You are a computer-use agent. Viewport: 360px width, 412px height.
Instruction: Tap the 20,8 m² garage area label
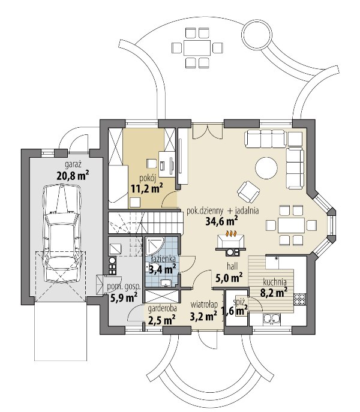pos(73,175)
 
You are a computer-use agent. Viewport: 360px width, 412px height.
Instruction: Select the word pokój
pos(148,179)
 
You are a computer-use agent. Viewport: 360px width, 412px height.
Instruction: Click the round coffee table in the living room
pos(266,168)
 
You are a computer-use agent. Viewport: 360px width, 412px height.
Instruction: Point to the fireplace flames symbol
pos(231,233)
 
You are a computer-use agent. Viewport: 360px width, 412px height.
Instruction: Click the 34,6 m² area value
pos(221,221)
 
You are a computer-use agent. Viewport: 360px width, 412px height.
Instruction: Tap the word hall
pos(232,266)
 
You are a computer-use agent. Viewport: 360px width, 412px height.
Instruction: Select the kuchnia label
pos(275,282)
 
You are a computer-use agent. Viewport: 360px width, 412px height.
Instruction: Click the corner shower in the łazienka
pos(155,246)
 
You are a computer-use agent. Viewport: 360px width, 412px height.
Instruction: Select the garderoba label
pos(162,309)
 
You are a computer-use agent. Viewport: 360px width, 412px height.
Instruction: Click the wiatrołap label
pos(204,305)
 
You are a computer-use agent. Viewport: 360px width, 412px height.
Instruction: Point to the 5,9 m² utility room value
pos(124,298)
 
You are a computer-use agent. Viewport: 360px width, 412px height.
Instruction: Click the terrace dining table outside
pos(197,48)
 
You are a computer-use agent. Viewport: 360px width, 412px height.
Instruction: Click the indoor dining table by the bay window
pos(291,225)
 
